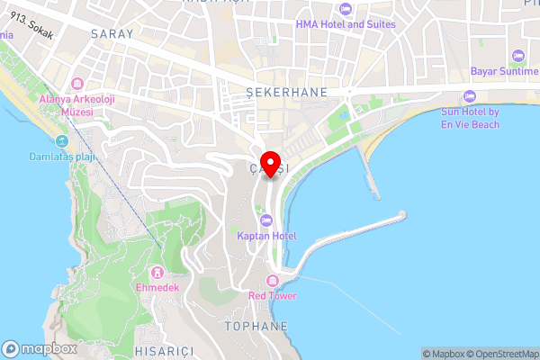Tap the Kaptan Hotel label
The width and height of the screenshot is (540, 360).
click(x=266, y=236)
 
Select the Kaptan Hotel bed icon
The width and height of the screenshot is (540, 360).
click(x=266, y=220)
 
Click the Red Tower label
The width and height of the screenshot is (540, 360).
click(x=274, y=295)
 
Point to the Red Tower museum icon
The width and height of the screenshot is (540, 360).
click(x=274, y=281)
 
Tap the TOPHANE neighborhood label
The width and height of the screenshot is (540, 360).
click(x=257, y=326)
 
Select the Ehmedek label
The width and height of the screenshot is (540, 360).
click(x=158, y=287)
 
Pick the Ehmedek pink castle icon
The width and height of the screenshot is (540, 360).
click(x=158, y=272)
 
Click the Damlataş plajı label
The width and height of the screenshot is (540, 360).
click(x=62, y=157)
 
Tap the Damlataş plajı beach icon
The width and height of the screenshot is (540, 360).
click(x=62, y=142)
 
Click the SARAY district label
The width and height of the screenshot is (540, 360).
click(x=112, y=33)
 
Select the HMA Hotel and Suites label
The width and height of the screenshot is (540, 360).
click(x=346, y=23)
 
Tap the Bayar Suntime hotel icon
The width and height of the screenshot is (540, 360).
click(x=517, y=56)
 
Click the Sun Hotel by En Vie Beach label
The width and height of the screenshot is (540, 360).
click(x=470, y=118)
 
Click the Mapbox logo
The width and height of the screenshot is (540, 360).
click(x=39, y=349)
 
